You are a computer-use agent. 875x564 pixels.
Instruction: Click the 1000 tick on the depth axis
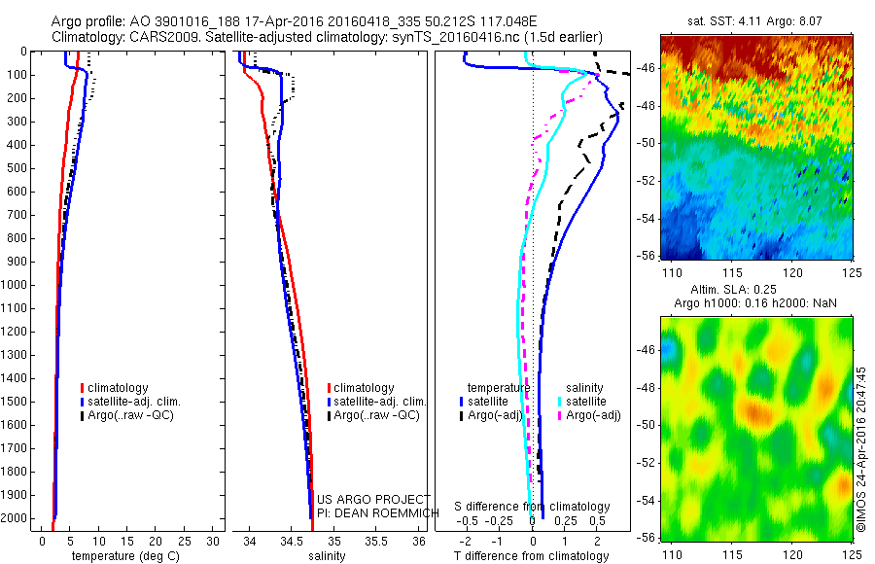point(17,285)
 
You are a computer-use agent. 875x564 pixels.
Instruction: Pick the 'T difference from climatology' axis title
point(532,556)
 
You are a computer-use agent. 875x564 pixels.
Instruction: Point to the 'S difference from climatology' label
point(532,507)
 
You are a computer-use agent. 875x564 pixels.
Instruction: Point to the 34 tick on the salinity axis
point(250,540)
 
